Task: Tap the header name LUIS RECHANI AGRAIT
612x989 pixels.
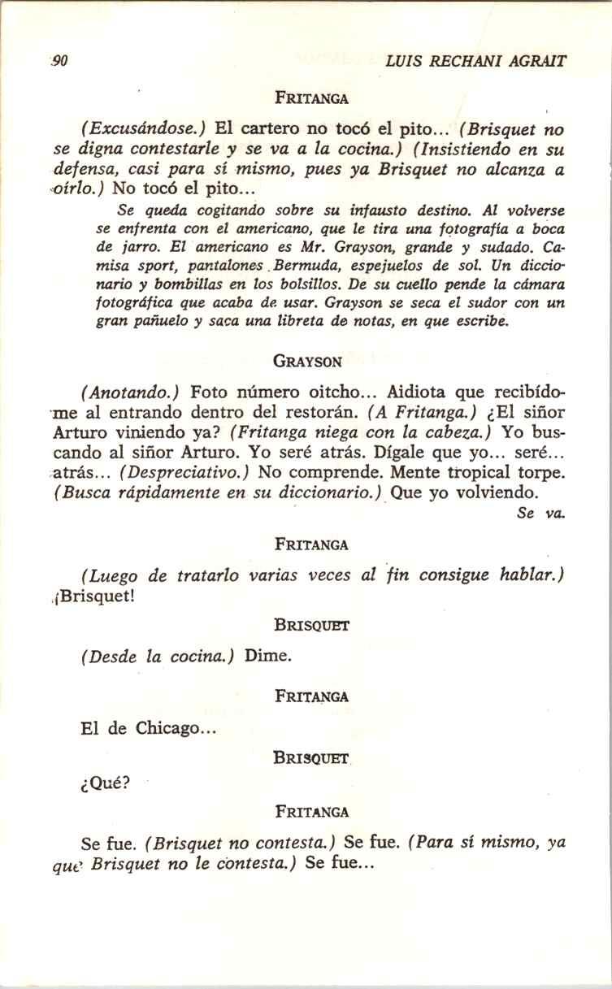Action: [476, 61]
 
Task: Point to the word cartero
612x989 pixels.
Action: [270, 129]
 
